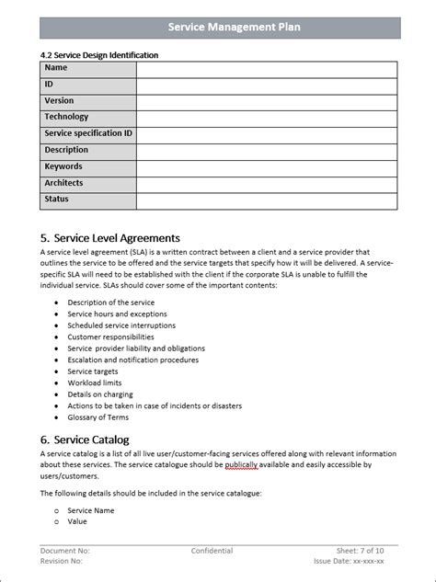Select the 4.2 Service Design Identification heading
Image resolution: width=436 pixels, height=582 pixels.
click(99, 55)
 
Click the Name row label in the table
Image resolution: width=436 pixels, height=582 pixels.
click(56, 68)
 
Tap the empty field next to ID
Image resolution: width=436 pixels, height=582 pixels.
click(267, 86)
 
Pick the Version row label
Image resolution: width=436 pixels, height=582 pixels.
click(59, 101)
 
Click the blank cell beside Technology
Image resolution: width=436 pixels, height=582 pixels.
click(267, 118)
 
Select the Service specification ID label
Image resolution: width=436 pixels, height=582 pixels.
click(88, 133)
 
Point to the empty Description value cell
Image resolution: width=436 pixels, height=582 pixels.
click(267, 151)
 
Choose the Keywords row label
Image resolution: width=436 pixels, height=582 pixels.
click(63, 166)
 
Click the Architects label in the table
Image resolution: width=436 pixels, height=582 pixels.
click(64, 183)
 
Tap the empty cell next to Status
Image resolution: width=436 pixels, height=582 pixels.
click(267, 200)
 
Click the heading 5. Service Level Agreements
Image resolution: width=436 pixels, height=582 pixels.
click(110, 238)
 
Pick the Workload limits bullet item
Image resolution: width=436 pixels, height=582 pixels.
click(95, 382)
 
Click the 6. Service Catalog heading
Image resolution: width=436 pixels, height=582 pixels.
click(85, 439)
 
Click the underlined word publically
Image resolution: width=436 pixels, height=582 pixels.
click(241, 465)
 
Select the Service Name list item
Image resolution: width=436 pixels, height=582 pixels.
click(91, 509)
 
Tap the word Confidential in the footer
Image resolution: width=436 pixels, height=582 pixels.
click(212, 551)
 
